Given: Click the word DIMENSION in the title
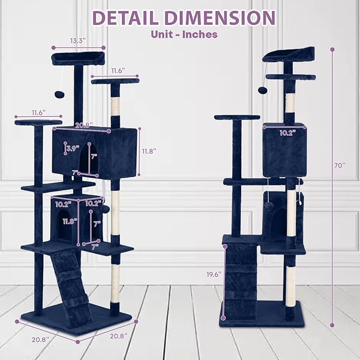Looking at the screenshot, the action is click(x=220, y=17).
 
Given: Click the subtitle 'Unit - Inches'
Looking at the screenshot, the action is click(x=184, y=34).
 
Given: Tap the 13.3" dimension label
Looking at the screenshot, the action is click(x=78, y=41).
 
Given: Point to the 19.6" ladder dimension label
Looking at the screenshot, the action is click(x=214, y=274).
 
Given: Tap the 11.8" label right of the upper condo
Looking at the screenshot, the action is click(x=149, y=151).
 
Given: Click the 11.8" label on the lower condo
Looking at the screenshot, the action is click(x=70, y=222).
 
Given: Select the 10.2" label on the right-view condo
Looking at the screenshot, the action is click(x=287, y=133).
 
